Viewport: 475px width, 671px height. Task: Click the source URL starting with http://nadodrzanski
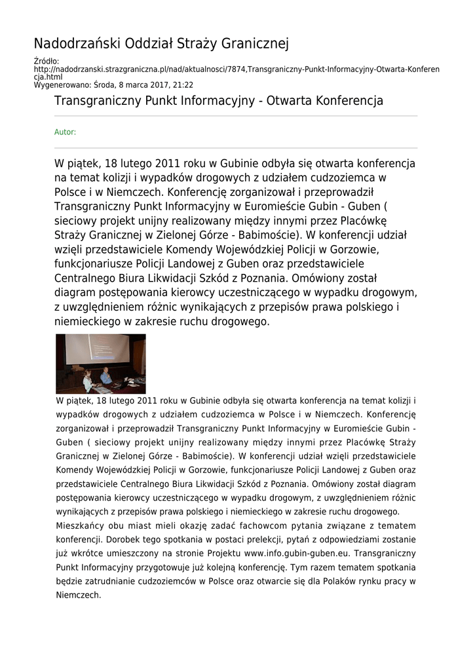pyautogui.click(x=237, y=69)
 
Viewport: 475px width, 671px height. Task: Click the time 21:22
pyautogui.click(x=183, y=85)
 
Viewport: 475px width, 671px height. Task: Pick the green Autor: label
pyautogui.click(x=65, y=132)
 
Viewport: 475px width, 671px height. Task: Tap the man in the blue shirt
pyautogui.click(x=105, y=377)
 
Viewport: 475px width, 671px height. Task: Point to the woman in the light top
pyautogui.click(x=87, y=381)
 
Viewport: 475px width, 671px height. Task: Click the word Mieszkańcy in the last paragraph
pyautogui.click(x=81, y=526)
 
